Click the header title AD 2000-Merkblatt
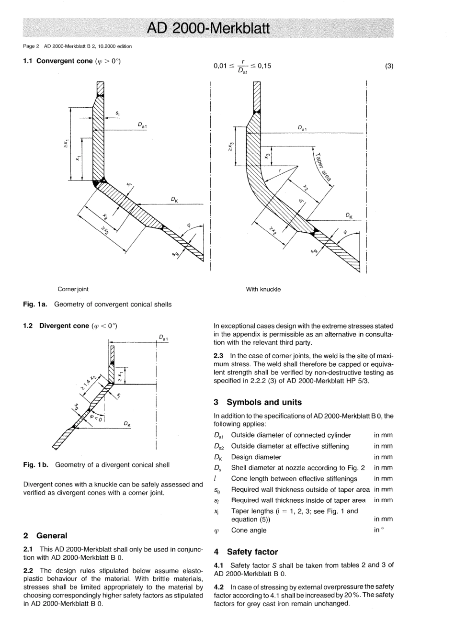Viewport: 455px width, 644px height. (208, 28)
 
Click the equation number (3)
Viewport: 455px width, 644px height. (388, 66)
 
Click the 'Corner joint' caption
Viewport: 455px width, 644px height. (73, 289)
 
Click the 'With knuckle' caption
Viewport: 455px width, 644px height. (263, 289)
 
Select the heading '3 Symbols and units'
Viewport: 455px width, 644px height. (258, 402)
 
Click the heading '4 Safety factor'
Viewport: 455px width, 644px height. (245, 552)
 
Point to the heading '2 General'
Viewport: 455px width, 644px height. (45, 536)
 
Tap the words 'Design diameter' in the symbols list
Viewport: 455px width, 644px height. (256, 457)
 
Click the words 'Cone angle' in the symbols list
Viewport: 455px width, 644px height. (249, 531)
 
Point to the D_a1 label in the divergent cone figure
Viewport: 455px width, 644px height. (163, 338)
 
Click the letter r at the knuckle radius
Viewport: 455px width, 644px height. (281, 170)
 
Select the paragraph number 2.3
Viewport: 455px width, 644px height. (219, 356)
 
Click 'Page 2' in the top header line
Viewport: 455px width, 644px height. (31, 46)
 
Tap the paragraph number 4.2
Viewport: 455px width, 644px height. (219, 587)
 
